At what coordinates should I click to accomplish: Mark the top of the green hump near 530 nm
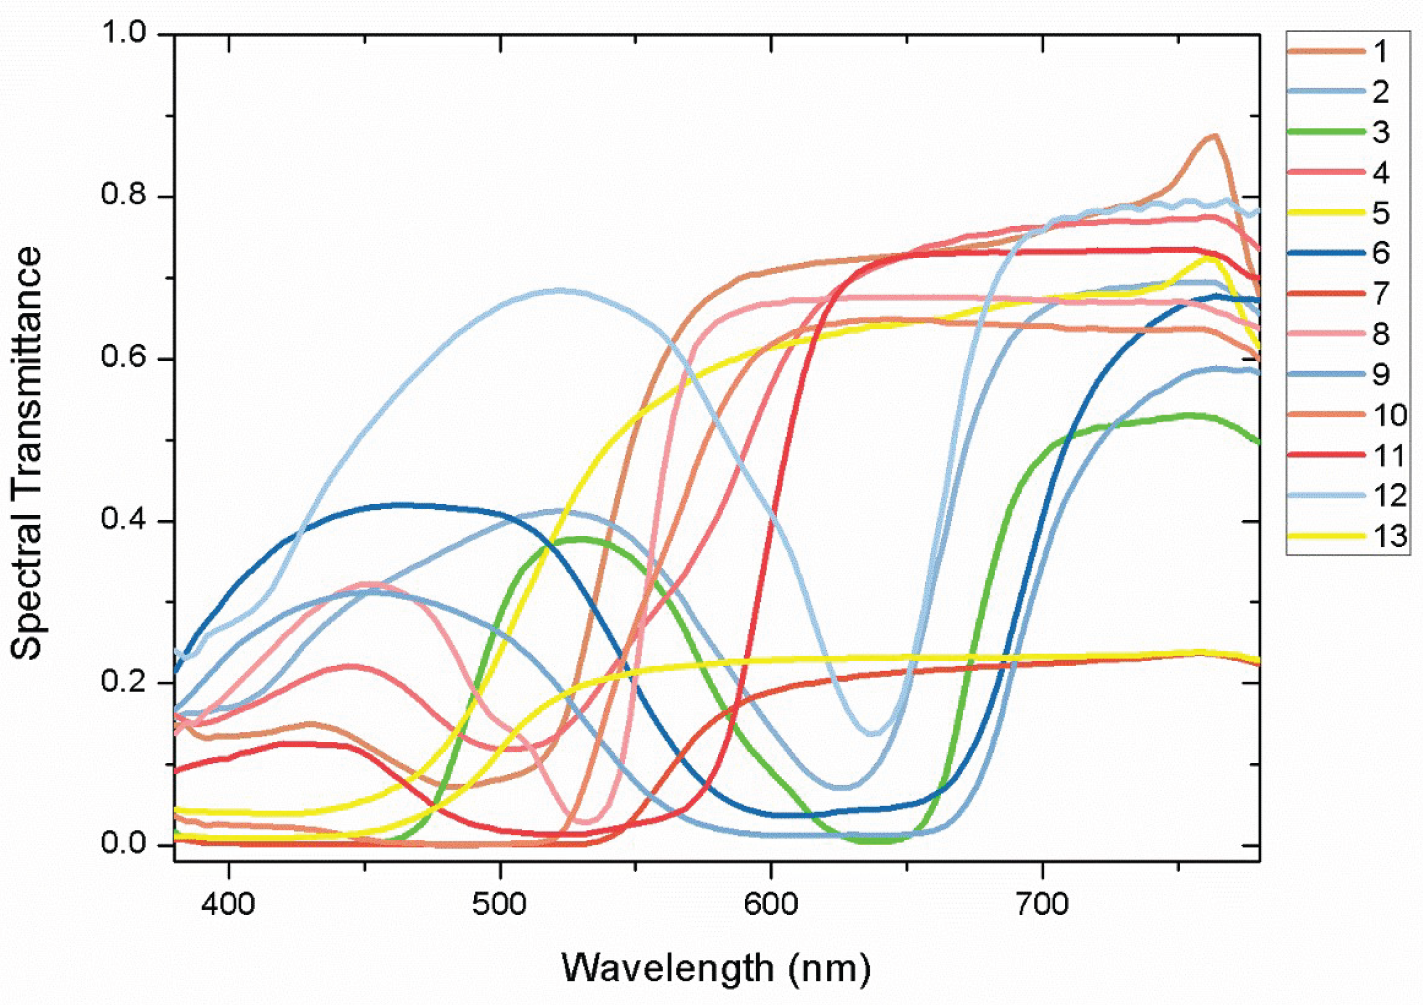(581, 539)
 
